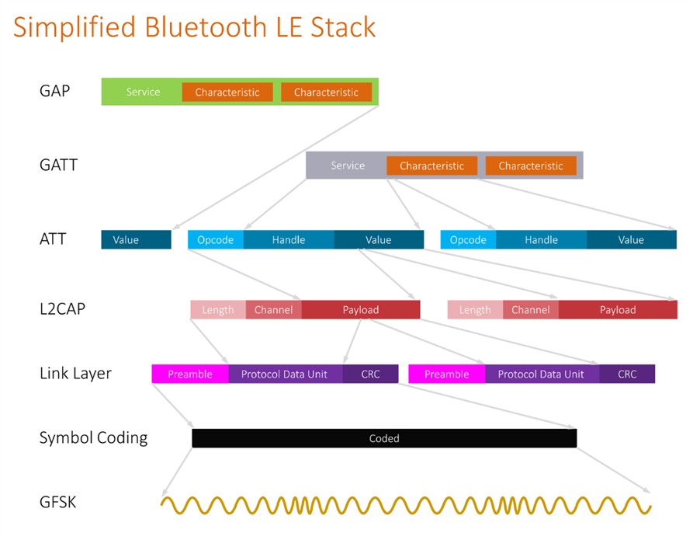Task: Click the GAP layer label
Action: click(54, 91)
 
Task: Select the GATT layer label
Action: click(58, 165)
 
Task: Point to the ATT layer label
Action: click(53, 239)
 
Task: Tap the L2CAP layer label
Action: click(63, 308)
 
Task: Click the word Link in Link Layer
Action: click(54, 374)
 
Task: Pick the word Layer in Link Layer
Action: click(92, 374)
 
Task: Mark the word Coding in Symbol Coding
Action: click(122, 438)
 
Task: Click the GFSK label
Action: click(57, 503)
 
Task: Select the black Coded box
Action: click(384, 438)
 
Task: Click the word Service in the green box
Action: click(143, 92)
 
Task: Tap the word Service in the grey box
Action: click(348, 165)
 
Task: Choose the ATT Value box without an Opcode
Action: click(136, 239)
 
